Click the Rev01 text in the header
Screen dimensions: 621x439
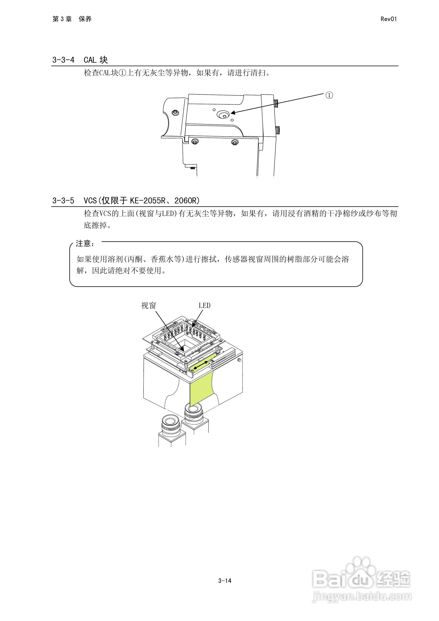(x=388, y=19)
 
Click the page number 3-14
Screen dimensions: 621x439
(x=225, y=580)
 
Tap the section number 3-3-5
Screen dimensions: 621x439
(x=63, y=200)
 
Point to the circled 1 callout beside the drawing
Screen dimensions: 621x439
(x=329, y=95)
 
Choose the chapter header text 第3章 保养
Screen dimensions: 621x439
(x=72, y=19)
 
